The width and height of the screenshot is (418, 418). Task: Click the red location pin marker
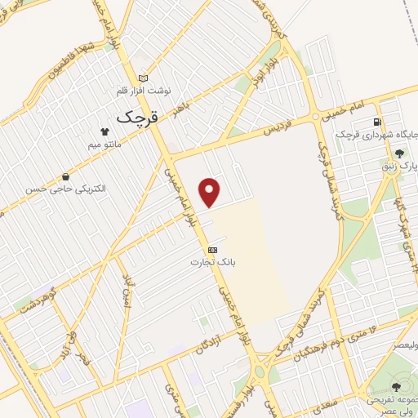[211, 191]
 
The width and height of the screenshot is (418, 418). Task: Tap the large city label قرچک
[136, 117]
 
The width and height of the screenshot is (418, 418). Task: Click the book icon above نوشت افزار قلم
[144, 78]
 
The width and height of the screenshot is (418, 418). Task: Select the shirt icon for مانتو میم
[104, 131]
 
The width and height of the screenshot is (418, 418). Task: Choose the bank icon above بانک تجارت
[212, 249]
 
